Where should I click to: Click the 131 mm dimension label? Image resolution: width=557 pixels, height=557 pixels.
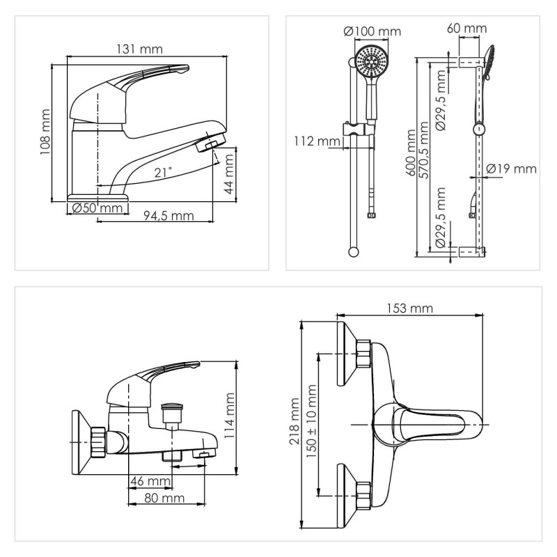[x=140, y=49]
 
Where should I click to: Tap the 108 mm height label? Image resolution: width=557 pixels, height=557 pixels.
[x=45, y=132]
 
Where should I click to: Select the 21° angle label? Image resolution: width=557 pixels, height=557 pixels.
[x=163, y=172]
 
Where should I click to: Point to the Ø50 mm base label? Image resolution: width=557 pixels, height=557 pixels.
[x=97, y=207]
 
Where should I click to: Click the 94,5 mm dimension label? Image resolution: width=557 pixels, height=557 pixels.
[x=168, y=216]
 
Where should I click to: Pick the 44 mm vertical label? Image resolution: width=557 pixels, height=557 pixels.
[x=230, y=174]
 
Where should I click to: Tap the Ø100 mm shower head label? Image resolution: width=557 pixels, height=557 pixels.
[x=372, y=31]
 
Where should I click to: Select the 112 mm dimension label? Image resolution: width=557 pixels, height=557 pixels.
[x=317, y=141]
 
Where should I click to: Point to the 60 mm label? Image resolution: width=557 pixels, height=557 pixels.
[x=466, y=28]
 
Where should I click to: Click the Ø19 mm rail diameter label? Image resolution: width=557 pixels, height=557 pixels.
[x=511, y=168]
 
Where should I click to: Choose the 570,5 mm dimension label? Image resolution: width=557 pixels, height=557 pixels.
[x=424, y=150]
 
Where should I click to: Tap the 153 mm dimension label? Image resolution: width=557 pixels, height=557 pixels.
[x=410, y=308]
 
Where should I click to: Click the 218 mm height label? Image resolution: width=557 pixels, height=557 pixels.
[x=295, y=421]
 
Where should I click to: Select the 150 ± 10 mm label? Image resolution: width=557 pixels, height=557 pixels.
[x=311, y=421]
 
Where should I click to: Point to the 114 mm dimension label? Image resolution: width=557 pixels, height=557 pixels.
[x=230, y=416]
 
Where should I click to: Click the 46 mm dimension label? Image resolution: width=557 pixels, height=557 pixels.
[x=150, y=481]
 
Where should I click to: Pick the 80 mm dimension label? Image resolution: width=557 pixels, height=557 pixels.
[x=164, y=498]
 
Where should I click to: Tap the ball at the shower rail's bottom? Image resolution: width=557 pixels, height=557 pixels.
[x=354, y=252]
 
